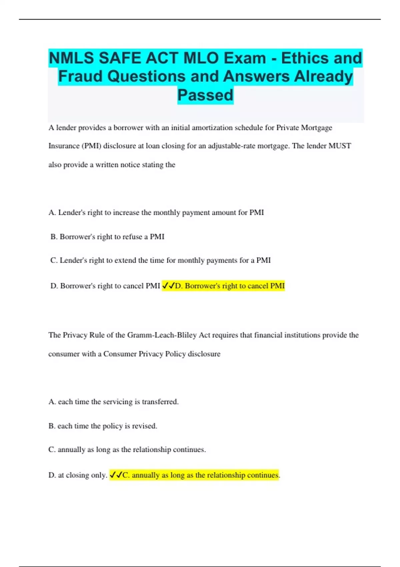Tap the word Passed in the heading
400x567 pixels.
tap(205, 95)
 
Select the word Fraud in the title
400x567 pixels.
tap(80, 76)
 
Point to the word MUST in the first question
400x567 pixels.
tap(340, 146)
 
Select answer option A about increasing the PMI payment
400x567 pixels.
tap(156, 213)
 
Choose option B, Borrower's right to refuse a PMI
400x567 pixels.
tap(107, 237)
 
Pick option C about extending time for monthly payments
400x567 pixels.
tap(160, 260)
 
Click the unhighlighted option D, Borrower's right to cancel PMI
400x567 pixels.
tap(105, 286)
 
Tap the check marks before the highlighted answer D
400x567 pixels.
tap(168, 286)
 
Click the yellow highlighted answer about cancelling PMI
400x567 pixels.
tap(230, 286)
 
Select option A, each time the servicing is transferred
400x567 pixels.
tap(113, 402)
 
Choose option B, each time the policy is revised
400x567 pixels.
tap(103, 426)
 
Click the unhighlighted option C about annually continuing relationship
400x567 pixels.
tap(127, 450)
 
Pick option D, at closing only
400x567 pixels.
tap(78, 475)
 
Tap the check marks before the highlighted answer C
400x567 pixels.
tap(116, 475)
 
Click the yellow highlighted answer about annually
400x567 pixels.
tap(200, 475)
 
